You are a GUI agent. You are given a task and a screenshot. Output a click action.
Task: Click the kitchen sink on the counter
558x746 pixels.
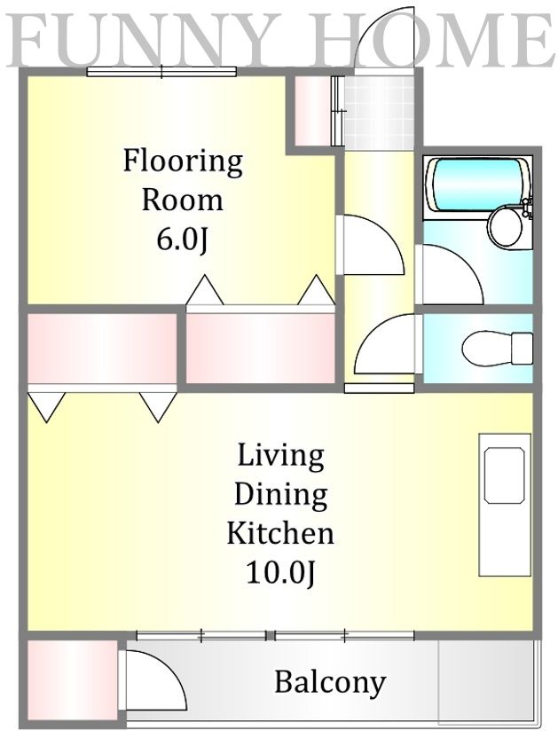(x=504, y=475)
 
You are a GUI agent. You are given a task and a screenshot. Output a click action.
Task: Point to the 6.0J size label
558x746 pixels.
(x=182, y=240)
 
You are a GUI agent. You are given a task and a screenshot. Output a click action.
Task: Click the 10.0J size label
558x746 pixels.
(x=280, y=573)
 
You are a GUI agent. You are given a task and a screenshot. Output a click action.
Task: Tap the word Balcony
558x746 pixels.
(x=330, y=683)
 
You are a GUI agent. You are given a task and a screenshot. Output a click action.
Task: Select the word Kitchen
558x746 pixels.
(x=280, y=533)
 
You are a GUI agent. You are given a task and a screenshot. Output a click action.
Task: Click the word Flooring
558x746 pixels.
(x=183, y=161)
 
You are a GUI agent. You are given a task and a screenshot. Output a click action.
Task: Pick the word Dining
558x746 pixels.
(x=280, y=494)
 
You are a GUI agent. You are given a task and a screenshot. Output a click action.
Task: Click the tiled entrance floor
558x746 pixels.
(x=379, y=113)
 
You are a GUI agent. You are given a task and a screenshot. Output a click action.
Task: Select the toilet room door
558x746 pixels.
(x=385, y=343)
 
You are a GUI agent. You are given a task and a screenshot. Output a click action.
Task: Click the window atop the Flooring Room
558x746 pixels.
(x=161, y=72)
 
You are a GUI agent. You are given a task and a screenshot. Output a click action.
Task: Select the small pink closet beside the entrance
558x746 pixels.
(x=312, y=110)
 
